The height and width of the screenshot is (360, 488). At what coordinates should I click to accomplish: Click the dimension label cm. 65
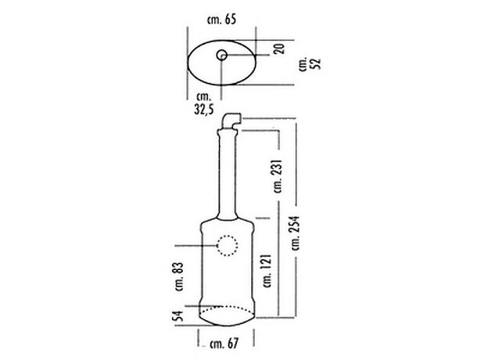click(221, 20)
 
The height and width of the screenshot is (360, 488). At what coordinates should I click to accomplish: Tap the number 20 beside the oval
click(279, 49)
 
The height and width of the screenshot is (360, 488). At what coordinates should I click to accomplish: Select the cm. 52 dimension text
click(310, 63)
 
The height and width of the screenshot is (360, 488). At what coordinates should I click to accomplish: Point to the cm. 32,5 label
click(204, 103)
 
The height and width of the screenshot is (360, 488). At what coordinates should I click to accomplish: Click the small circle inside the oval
click(221, 56)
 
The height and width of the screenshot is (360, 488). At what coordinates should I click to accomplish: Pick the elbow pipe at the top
click(231, 121)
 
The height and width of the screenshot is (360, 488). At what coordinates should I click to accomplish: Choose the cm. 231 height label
click(278, 176)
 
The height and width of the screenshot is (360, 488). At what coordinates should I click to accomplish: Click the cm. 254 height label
click(296, 233)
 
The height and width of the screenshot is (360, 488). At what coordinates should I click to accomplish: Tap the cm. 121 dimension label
click(267, 271)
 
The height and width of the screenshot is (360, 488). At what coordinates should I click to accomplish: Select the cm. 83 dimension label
click(180, 276)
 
